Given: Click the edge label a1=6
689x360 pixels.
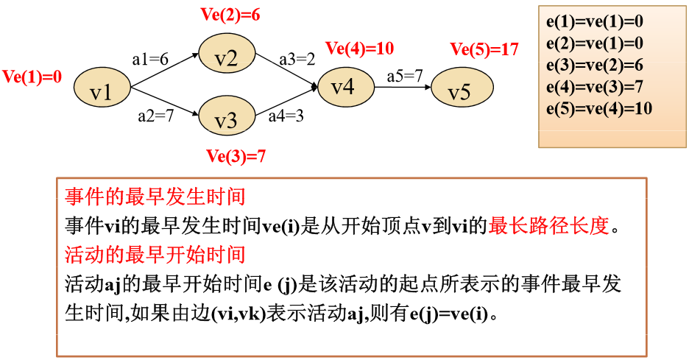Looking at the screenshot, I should [x=151, y=59].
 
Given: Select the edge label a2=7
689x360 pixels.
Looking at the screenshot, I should [x=155, y=116].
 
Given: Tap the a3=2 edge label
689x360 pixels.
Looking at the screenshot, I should [x=297, y=59].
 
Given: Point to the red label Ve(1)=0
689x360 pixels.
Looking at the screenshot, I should [x=32, y=77].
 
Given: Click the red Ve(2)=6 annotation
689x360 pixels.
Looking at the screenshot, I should [x=230, y=14].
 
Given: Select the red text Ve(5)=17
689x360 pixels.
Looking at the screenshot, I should [x=484, y=49].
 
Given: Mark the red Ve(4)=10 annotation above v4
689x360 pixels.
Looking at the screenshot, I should [x=359, y=49].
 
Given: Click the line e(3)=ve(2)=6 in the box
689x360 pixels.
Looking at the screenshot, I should [x=596, y=65].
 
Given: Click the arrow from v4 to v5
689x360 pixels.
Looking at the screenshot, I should [x=403, y=87].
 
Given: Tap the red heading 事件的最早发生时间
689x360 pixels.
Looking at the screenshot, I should [x=155, y=197].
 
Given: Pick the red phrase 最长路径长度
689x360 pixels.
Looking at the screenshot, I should [x=549, y=226].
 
